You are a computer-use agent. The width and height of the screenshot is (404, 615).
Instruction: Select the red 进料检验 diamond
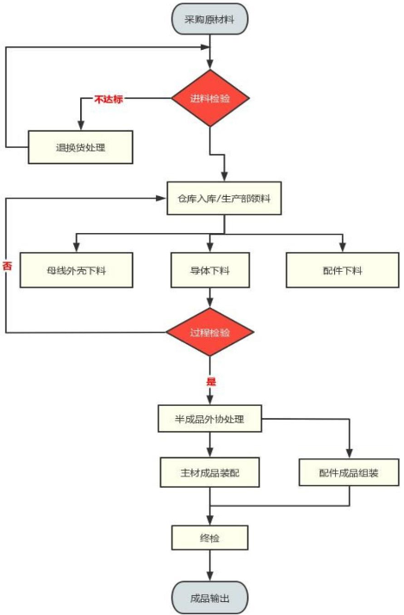pos(211,99)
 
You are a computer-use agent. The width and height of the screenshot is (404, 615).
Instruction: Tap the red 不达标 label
pos(109,100)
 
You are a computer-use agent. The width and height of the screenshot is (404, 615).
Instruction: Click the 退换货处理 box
pos(81,146)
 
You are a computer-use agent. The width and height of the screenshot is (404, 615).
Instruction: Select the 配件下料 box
pos(342,270)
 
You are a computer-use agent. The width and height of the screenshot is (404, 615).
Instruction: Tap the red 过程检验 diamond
pos(211,332)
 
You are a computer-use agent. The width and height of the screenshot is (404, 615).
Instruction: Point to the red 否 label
pos(7,266)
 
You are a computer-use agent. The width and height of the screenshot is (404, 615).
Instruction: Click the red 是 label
pos(210,380)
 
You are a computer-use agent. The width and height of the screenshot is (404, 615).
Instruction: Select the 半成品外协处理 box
pos(210,420)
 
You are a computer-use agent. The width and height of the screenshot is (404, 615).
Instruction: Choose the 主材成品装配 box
pos(210,471)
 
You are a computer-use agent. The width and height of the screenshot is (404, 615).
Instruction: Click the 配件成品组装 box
pos(350,471)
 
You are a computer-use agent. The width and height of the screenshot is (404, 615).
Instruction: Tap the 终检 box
pos(210,538)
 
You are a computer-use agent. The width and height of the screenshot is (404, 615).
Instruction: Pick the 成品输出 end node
pos(210,595)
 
